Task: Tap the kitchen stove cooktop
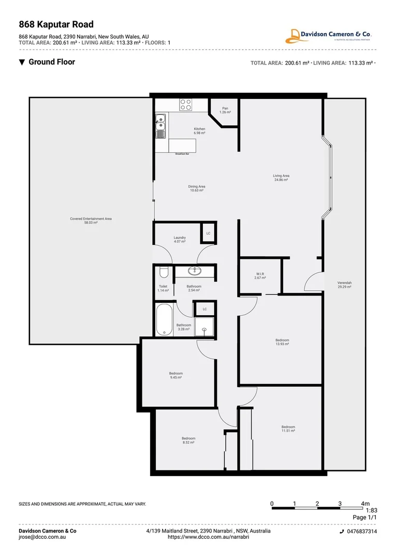185,104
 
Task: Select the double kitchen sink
160,126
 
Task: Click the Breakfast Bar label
182,154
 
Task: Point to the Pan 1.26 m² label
225,110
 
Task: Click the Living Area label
281,178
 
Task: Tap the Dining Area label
197,188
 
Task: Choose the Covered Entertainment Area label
91,220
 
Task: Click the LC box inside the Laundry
208,233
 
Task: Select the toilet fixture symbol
163,272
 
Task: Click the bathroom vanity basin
196,271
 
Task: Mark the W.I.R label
260,276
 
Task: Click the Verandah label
344,284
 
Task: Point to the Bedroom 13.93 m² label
282,342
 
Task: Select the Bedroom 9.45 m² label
175,375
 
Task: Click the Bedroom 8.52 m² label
188,440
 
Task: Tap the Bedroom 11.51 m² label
288,429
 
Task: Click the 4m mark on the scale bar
365,504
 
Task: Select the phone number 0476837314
361,532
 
